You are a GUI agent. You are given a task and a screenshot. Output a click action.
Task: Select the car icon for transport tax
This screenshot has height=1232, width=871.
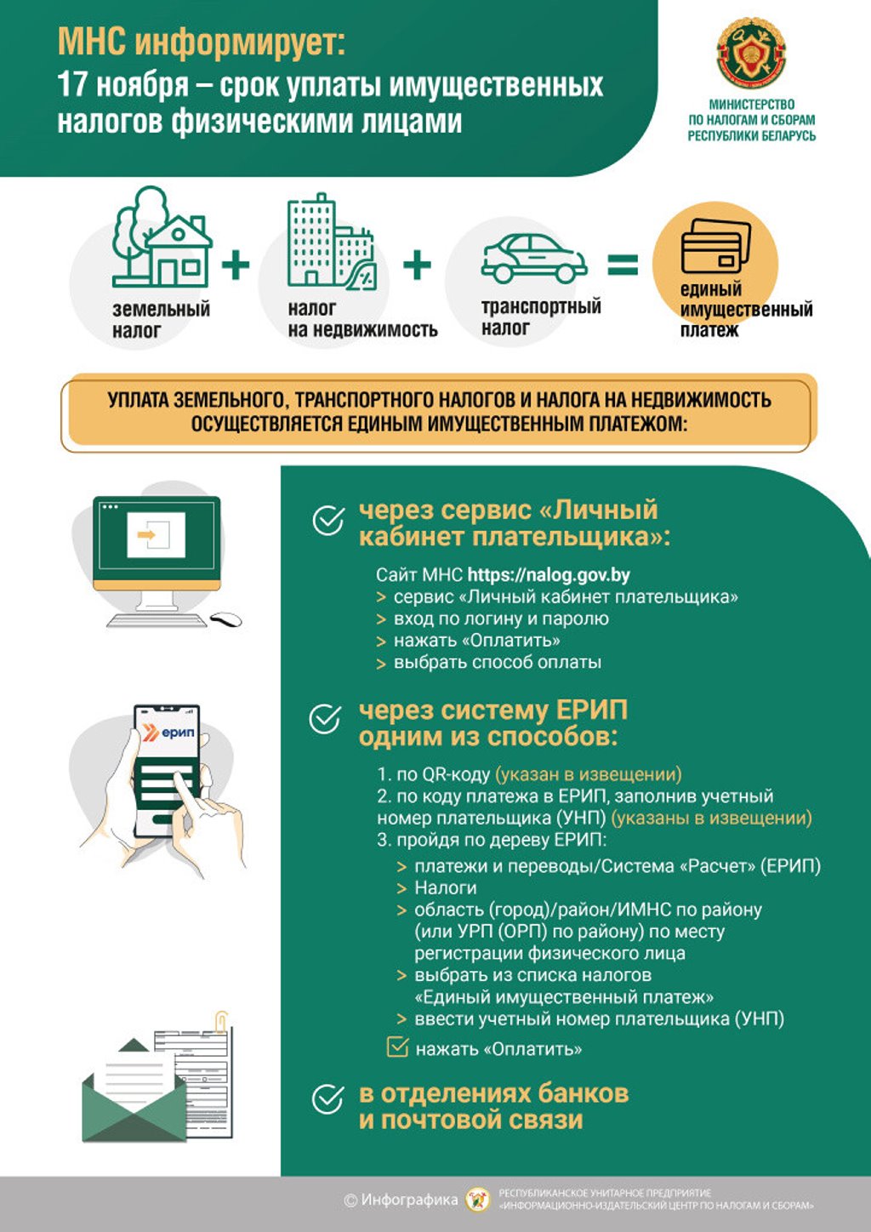pyautogui.click(x=533, y=259)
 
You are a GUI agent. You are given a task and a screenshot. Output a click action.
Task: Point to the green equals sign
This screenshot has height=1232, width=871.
pyautogui.click(x=623, y=265)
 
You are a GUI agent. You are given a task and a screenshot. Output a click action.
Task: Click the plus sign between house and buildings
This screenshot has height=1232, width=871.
pyautogui.click(x=236, y=265)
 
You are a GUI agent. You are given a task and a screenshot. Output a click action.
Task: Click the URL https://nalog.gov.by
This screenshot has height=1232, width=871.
pyautogui.click(x=549, y=574)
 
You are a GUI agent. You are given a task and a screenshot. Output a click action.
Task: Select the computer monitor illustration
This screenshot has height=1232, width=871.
pyautogui.click(x=157, y=544)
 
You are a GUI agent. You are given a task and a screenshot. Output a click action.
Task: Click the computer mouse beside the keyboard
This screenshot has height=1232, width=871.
pyautogui.click(x=225, y=619)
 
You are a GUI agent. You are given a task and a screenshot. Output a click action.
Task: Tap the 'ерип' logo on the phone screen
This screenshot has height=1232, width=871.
pyautogui.click(x=168, y=733)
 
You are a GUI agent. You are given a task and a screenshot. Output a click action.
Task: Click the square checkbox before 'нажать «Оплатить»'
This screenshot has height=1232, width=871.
pyautogui.click(x=397, y=1047)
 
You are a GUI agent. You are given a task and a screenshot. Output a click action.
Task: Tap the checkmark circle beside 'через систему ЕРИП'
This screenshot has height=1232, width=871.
pyautogui.click(x=325, y=719)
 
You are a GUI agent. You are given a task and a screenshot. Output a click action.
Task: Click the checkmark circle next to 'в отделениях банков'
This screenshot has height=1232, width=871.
pyautogui.click(x=327, y=1098)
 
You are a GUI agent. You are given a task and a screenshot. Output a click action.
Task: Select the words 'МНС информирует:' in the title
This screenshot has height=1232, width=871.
pyautogui.click(x=202, y=43)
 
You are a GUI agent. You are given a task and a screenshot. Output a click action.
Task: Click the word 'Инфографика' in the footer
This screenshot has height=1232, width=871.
pyautogui.click(x=409, y=1201)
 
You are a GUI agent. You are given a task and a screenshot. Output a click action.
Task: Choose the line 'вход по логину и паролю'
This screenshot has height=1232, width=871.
pyautogui.click(x=501, y=619)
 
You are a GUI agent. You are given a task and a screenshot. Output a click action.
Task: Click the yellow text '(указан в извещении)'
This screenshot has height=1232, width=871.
pyautogui.click(x=589, y=774)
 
